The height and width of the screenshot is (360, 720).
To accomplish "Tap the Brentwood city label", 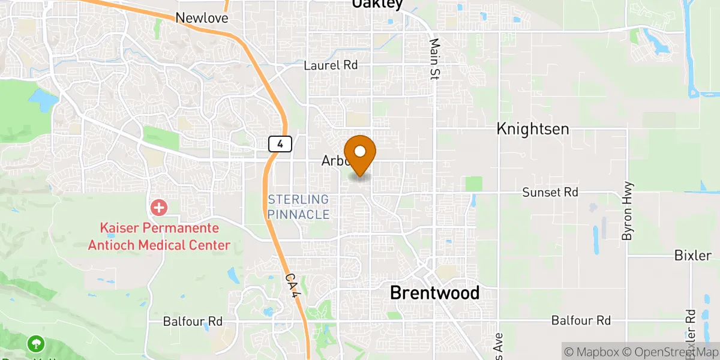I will (434, 293).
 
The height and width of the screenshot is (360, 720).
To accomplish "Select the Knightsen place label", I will (533, 129).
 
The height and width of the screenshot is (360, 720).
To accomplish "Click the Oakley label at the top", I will (377, 4).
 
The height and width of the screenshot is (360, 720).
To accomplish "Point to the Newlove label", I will (202, 19).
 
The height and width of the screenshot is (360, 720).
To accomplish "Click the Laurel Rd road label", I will (331, 65).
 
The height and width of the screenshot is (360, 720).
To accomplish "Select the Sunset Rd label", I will (550, 192).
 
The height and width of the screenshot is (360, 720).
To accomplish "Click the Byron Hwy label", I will (628, 211).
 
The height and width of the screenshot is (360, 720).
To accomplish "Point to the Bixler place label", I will (692, 256).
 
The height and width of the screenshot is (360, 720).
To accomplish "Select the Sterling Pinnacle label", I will (298, 206).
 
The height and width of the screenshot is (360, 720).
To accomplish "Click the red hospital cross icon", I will (159, 208).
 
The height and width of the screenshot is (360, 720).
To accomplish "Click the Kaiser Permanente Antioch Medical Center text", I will (160, 237).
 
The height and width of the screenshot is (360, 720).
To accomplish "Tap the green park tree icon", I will (36, 343).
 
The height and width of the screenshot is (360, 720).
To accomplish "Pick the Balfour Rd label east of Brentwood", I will (581, 320).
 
